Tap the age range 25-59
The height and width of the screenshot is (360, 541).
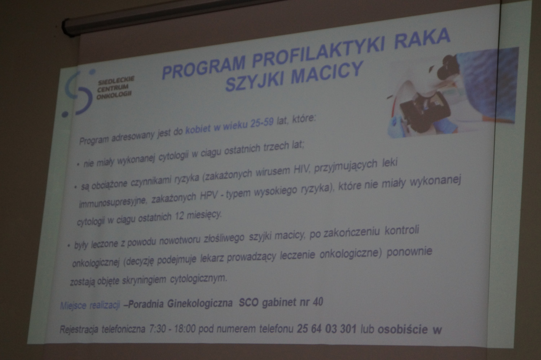262,123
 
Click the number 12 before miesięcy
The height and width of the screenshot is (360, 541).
180,216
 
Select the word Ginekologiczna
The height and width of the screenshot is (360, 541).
200,303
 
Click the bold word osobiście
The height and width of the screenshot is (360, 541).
403,330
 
